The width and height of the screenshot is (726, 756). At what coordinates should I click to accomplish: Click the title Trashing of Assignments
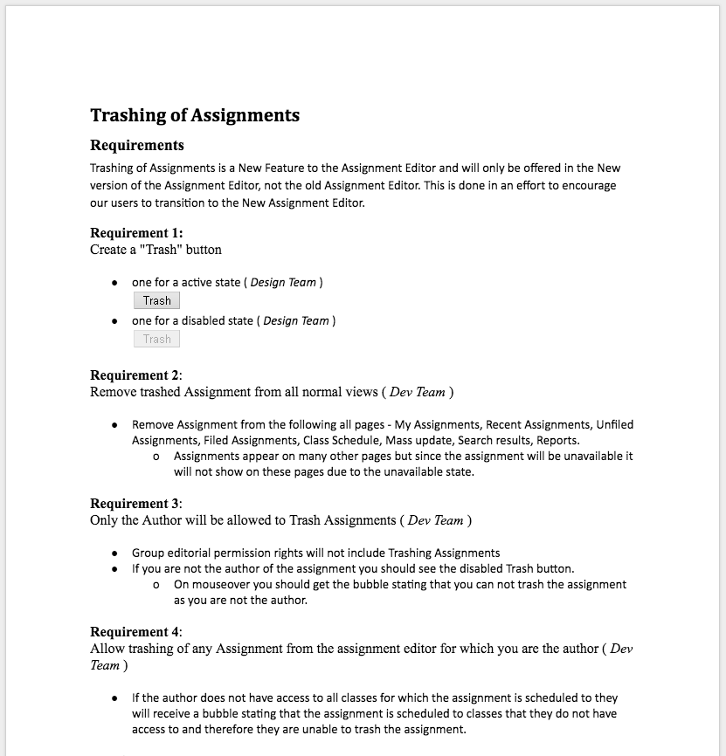coord(195,115)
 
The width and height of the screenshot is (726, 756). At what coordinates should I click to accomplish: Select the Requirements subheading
coord(137,145)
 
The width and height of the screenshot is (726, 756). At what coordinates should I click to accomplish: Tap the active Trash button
coord(157,301)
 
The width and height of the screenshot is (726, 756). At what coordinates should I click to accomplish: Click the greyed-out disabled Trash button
coord(157,339)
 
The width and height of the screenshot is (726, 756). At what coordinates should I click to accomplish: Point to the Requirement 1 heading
coord(136,233)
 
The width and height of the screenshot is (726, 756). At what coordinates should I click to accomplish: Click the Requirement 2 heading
coord(136,375)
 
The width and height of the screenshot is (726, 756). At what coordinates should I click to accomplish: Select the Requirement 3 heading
coord(136,504)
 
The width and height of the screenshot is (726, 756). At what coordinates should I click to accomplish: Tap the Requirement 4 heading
coord(136,632)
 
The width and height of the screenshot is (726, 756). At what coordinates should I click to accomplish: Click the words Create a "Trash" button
coord(156,250)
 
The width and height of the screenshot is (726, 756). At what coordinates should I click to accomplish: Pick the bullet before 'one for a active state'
coord(114,283)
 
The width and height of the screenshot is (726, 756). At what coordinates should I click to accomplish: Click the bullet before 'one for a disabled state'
coord(114,321)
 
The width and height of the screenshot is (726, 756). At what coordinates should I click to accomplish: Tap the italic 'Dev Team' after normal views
coord(417,392)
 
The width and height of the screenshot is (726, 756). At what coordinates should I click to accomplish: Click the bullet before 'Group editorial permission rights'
coord(114,553)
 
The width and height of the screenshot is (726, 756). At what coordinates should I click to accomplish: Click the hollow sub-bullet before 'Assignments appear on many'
coord(156,457)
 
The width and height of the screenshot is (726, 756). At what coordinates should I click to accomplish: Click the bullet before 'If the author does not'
coord(114,698)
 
